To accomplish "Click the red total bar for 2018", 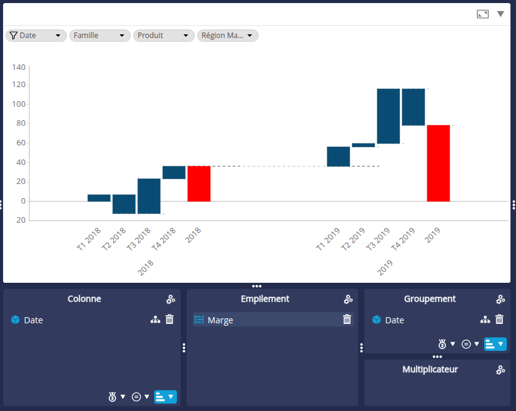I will point(199,183).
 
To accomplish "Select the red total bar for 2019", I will point(439,163).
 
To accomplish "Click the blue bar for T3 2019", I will point(388,116).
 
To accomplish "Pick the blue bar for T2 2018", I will point(124,204).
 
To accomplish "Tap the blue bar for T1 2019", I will point(338,156).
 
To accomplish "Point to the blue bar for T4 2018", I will point(174,172).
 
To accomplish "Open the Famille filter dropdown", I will point(100,36).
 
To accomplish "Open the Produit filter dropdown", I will point(164,36).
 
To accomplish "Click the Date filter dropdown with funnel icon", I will point(36,36).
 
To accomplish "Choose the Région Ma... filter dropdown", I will point(228,36).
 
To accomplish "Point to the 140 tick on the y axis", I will point(18,67).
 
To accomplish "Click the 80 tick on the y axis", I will point(20,124).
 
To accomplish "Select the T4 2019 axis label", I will point(404,239).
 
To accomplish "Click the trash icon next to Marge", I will point(347,320).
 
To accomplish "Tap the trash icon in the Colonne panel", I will point(170,320).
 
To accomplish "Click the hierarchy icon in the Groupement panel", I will point(485,320).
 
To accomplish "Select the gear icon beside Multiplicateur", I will point(501,370).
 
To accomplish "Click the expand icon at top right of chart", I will point(483,14).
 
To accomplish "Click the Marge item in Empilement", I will point(220,320).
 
